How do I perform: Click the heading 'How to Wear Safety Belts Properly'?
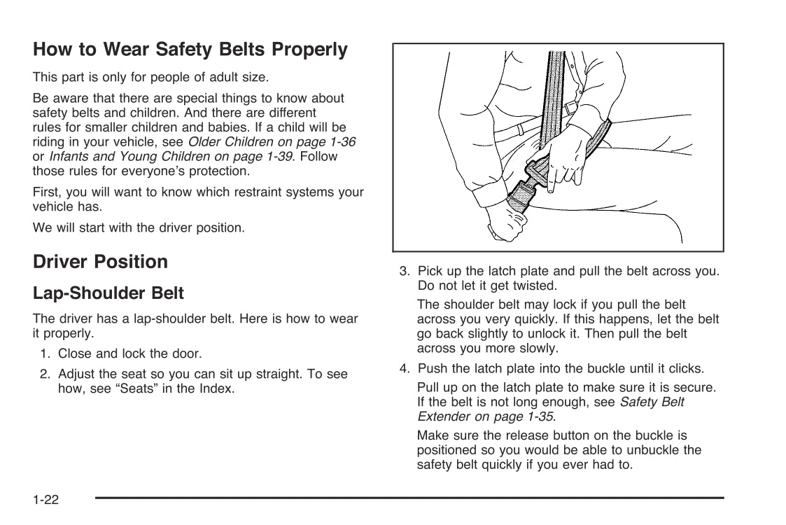point(190,50)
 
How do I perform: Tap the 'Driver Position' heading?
point(100,262)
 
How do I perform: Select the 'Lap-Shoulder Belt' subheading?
point(108,292)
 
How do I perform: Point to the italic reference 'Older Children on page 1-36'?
point(272,142)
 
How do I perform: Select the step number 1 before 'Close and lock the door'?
point(43,354)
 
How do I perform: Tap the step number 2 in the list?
point(43,374)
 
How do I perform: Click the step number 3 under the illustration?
point(404,272)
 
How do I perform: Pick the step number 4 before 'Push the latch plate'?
point(404,368)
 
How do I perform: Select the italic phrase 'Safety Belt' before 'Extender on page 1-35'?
point(652,402)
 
